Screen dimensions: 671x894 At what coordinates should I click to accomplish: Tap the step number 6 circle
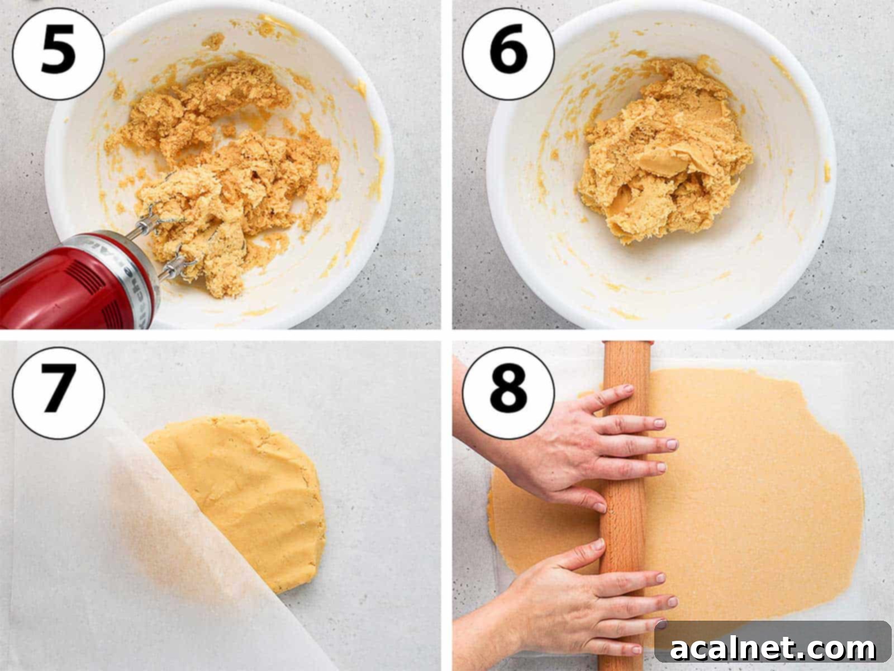508,54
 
